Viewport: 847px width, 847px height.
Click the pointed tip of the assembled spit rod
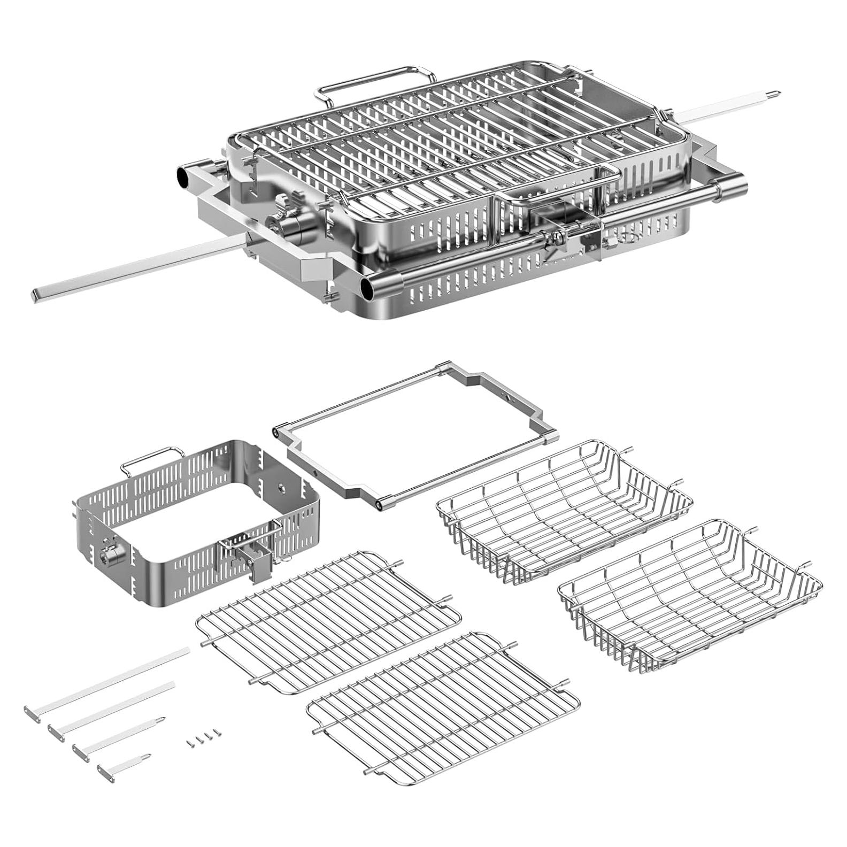click(x=776, y=95)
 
